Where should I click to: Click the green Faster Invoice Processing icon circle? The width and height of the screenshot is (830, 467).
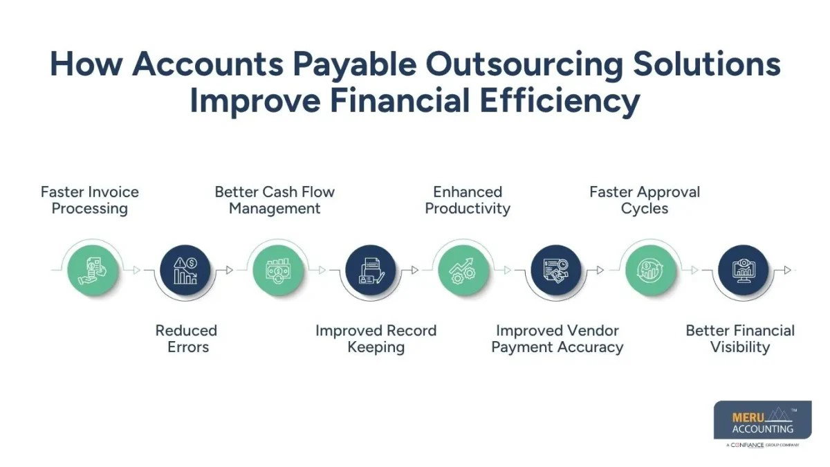click(93, 271)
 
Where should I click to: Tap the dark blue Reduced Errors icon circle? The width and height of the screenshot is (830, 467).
click(185, 271)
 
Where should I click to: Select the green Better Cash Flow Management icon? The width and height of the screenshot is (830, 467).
click(277, 271)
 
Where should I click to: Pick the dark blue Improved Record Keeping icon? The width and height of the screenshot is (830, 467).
click(371, 271)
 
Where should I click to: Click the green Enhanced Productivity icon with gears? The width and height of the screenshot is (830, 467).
click(463, 271)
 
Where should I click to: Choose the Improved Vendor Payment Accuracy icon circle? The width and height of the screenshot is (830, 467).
click(555, 271)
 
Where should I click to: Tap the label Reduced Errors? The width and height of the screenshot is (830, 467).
click(187, 338)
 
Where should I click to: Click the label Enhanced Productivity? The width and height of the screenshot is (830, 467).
click(468, 200)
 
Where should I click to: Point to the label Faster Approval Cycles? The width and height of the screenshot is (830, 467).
click(645, 200)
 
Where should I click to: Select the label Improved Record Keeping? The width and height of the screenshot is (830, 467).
click(376, 338)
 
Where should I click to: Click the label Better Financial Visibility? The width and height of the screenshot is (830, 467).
click(739, 338)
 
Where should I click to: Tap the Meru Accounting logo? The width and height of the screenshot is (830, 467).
click(762, 420)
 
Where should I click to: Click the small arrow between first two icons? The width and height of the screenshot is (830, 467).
click(136, 271)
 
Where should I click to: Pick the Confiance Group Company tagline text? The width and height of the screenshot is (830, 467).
click(763, 446)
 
